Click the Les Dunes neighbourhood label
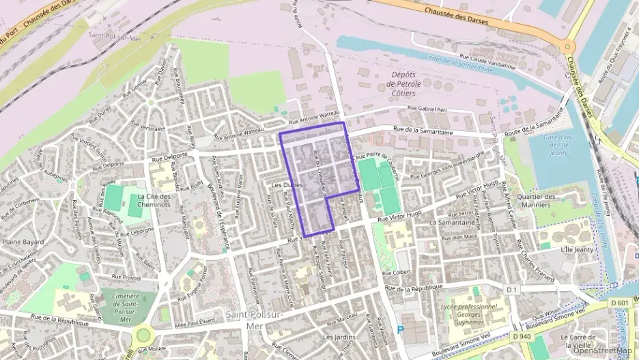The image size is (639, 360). pos(286,185)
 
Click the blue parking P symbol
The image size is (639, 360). pos(400,329)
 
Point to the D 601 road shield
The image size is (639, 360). pos(620,303)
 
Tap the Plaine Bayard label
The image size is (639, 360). pos(23,242)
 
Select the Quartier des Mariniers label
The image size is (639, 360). pos(538,201)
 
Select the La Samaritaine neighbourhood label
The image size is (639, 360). pos(451,223)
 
